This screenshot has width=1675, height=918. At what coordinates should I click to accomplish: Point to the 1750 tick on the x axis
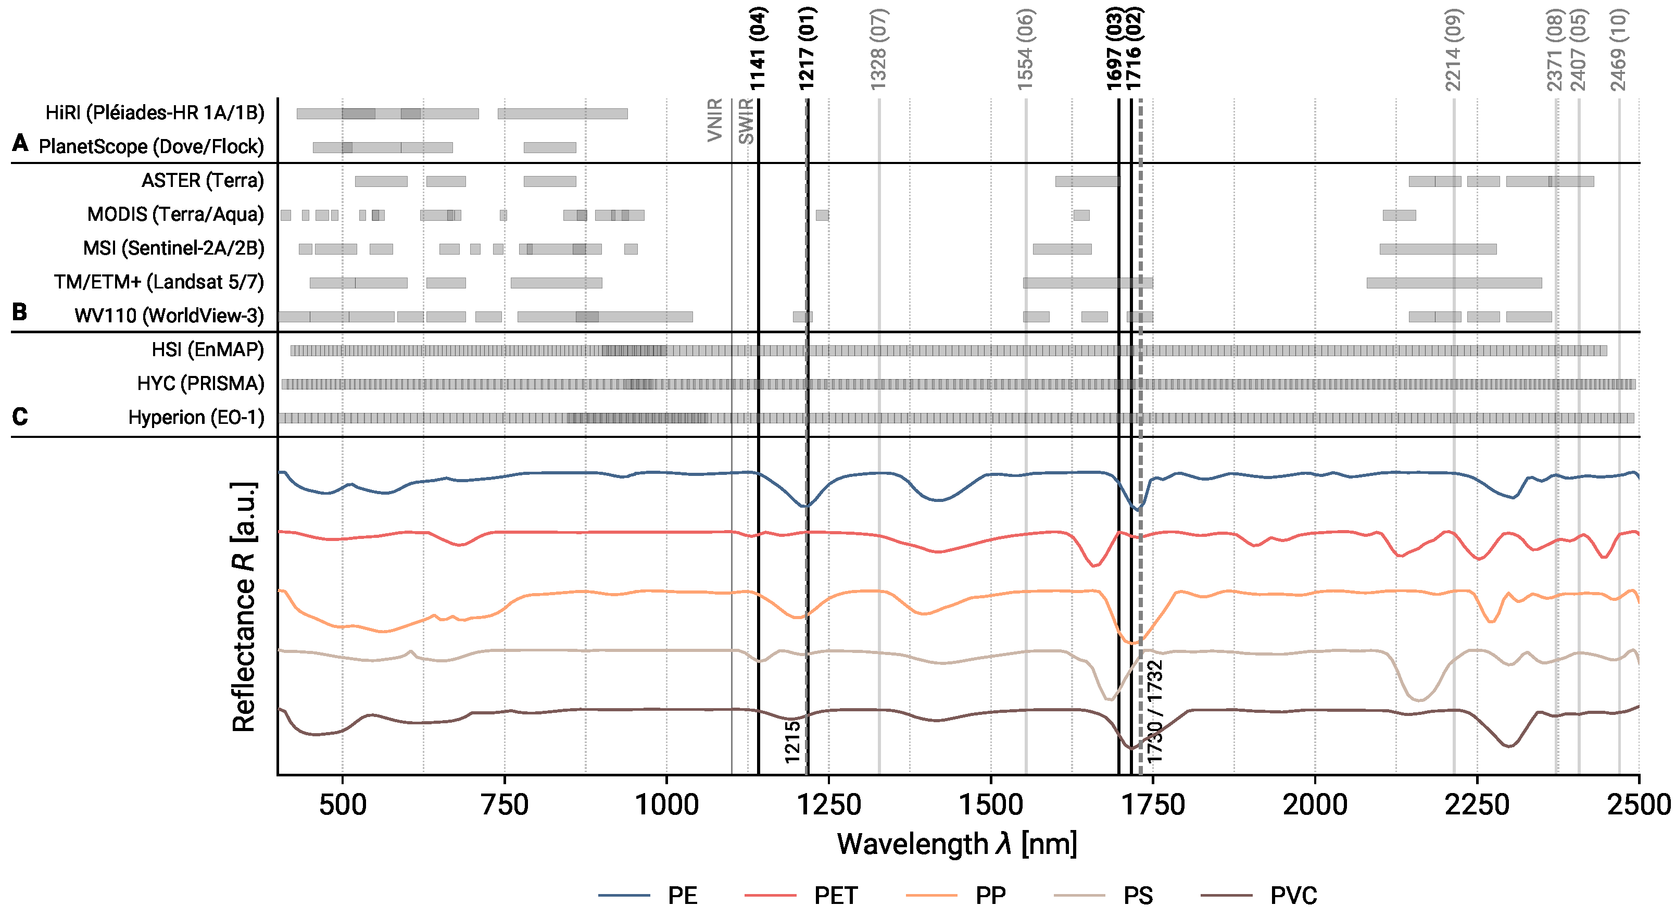(1153, 805)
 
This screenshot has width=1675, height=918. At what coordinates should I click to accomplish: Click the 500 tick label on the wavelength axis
(343, 805)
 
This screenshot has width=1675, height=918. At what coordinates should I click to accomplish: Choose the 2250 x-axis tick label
(1477, 805)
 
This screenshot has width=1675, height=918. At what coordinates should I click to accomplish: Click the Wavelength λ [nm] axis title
(956, 844)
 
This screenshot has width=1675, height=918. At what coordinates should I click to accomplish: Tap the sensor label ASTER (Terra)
(203, 180)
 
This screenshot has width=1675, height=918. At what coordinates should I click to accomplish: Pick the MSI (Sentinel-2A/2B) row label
(173, 248)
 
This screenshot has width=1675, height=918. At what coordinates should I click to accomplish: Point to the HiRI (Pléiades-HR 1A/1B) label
(155, 112)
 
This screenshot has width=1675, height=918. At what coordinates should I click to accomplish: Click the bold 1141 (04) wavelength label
(758, 49)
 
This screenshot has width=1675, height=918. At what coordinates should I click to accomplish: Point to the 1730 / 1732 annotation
(1154, 711)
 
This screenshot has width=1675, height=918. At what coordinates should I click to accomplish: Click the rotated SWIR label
(746, 121)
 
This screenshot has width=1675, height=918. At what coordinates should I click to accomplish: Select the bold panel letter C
(20, 416)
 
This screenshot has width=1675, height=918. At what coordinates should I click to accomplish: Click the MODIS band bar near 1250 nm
(822, 215)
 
